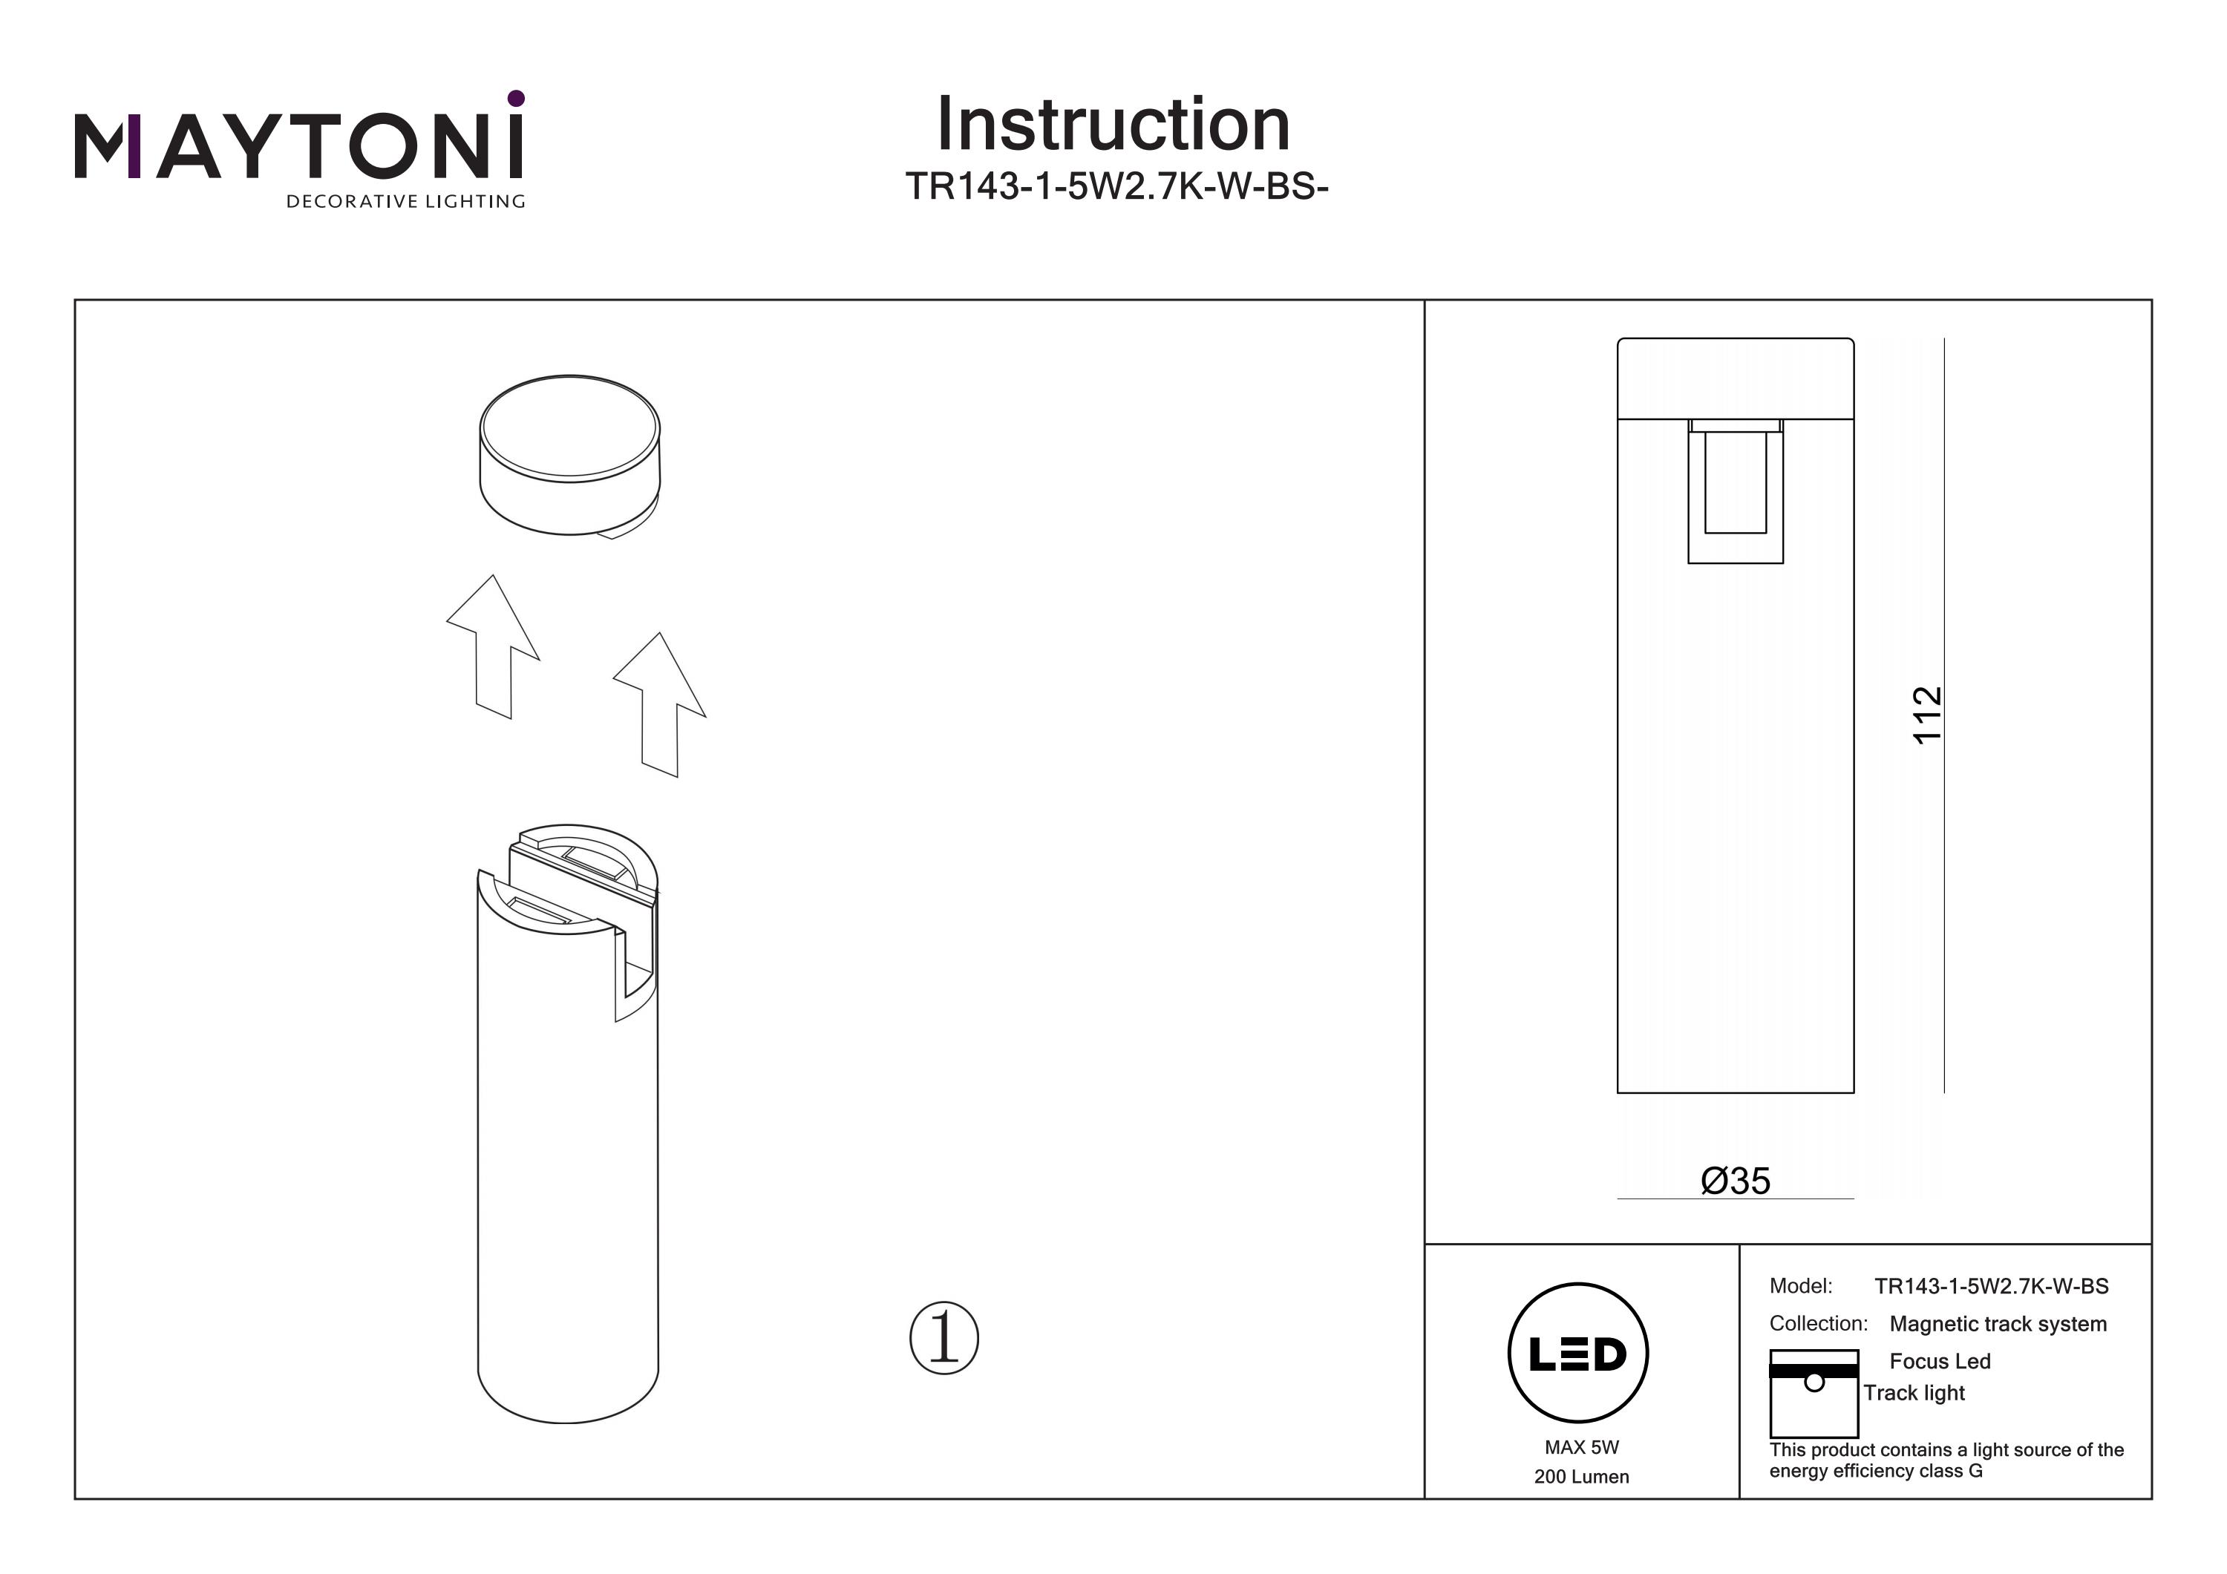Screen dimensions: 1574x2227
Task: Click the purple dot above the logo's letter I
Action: pos(516,98)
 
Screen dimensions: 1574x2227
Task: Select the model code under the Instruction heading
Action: pos(1116,186)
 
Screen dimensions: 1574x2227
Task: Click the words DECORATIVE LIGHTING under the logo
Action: pos(405,202)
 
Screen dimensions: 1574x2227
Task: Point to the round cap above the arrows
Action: pos(570,454)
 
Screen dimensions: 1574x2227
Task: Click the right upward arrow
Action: pos(660,704)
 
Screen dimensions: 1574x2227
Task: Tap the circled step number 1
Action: pos(944,1337)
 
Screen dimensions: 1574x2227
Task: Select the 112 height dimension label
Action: pos(1927,715)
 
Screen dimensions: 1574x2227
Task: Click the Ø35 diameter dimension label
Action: pos(1736,1180)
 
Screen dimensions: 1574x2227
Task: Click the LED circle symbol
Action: pos(1578,1354)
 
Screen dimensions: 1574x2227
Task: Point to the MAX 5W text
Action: pos(1581,1447)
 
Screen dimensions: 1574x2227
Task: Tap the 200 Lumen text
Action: pos(1581,1477)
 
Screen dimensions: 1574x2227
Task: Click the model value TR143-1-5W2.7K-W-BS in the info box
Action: pos(1990,1286)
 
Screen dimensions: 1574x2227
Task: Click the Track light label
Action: pos(1913,1393)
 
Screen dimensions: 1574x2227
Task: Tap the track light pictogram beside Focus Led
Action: pos(1813,1394)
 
